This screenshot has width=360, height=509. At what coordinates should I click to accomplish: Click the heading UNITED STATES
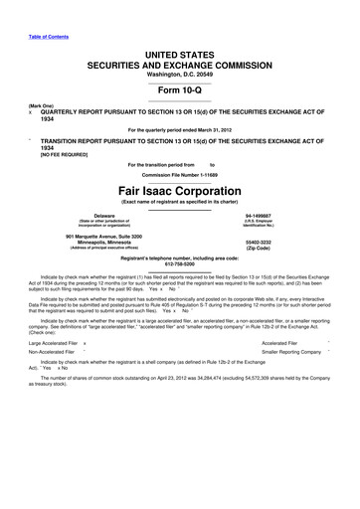[x=179, y=50]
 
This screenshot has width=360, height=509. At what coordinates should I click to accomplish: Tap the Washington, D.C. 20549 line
[x=179, y=73]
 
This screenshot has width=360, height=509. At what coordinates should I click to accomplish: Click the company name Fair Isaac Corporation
[x=179, y=190]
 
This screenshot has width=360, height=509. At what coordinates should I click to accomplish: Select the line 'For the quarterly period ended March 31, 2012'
[x=179, y=129]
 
